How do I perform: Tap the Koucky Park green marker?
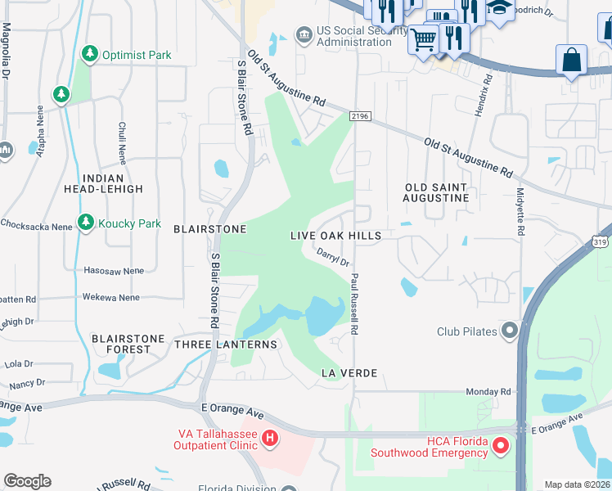point(86,223)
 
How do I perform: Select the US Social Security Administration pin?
point(304,34)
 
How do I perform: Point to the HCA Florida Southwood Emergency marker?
point(501,446)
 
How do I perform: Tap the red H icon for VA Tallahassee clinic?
point(270,439)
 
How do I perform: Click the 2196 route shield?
point(360,118)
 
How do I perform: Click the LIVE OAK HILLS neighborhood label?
point(336,236)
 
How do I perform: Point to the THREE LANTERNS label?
point(226,345)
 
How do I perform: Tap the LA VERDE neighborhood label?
point(349,373)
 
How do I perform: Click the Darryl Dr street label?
point(333,258)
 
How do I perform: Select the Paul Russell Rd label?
point(354,304)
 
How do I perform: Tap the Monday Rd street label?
point(488,392)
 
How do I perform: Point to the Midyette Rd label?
point(520,212)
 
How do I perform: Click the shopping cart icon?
point(423,38)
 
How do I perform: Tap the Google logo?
point(27,481)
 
